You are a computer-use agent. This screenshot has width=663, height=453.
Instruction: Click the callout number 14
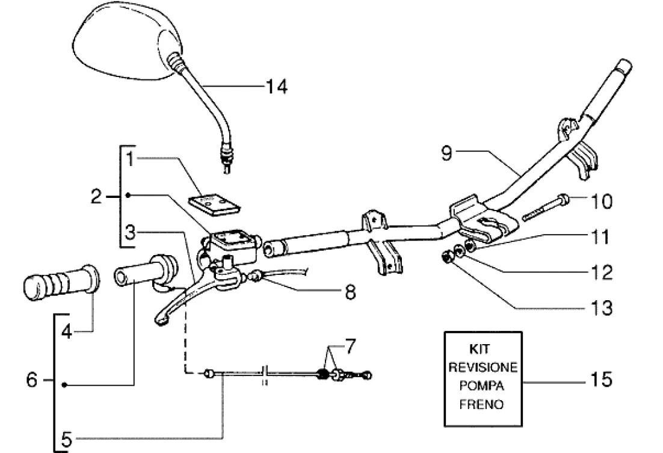click(x=277, y=87)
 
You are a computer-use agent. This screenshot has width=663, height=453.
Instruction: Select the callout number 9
click(x=446, y=155)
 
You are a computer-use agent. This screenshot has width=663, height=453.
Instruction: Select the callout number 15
click(x=600, y=380)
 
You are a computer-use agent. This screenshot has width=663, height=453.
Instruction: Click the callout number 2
click(x=97, y=196)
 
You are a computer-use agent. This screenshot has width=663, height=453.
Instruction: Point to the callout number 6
click(x=32, y=381)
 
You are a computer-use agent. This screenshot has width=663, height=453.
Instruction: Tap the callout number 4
click(x=67, y=331)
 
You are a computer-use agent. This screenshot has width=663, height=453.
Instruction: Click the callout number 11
click(x=599, y=237)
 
